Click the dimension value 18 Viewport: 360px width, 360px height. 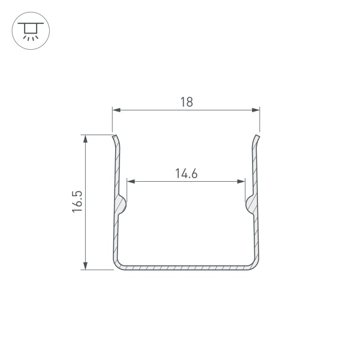coord(186,102)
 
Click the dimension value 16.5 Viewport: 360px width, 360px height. coord(77,202)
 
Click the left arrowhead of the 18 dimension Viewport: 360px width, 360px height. coord(116,110)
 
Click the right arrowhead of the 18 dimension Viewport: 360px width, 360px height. coord(256,110)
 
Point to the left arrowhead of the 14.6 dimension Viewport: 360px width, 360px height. coord(131,181)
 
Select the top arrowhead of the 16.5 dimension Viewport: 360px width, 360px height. coord(86,139)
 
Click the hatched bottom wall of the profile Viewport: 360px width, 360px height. coord(186,268)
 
